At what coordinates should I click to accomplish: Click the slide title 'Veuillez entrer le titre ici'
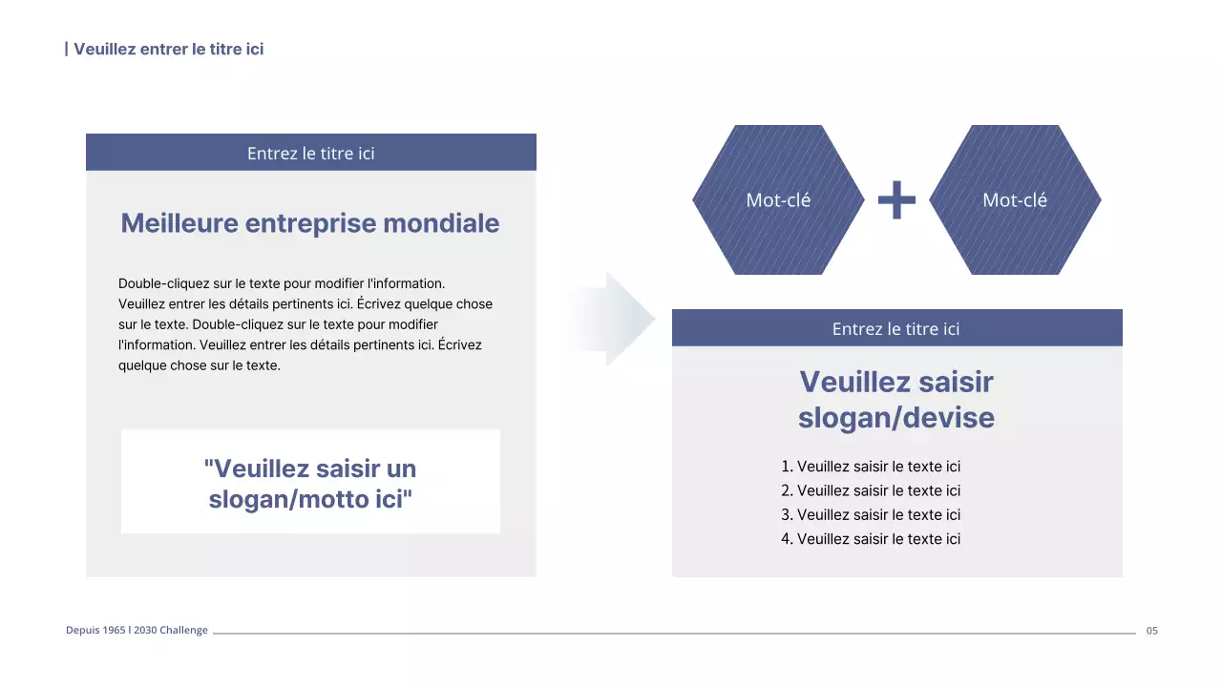coord(168,49)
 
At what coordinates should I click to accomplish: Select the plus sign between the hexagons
coord(896,200)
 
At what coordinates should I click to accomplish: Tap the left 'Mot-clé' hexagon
coord(777,200)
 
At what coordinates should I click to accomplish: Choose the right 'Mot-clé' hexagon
coord(1014,200)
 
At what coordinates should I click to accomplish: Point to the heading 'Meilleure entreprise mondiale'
coord(310,223)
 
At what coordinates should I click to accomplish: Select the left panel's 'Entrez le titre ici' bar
coord(310,153)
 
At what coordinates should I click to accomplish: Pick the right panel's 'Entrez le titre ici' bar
coord(895,328)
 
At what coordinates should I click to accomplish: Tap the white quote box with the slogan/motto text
coord(310,482)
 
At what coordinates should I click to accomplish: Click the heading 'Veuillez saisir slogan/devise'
coord(895,400)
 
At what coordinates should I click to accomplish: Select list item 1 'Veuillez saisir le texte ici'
coord(871,467)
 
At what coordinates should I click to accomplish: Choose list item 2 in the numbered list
coord(871,490)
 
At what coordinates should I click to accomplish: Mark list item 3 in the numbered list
coord(871,514)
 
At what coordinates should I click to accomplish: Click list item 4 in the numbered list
coord(871,539)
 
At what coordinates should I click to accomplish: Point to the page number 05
coord(1151,631)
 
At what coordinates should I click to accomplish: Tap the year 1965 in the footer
coord(114,631)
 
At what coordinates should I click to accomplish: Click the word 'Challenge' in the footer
coord(183,631)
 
